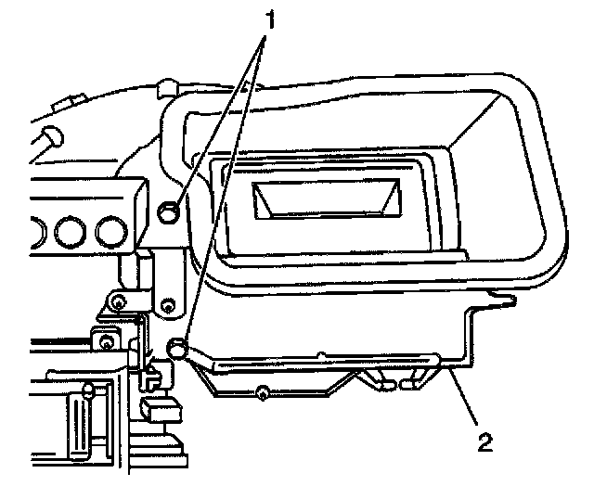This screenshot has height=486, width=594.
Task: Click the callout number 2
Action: (x=484, y=441)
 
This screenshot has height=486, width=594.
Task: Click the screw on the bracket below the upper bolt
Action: (x=168, y=304)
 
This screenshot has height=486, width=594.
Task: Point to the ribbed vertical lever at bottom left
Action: (x=77, y=426)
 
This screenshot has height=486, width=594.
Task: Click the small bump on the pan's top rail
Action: (x=319, y=352)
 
